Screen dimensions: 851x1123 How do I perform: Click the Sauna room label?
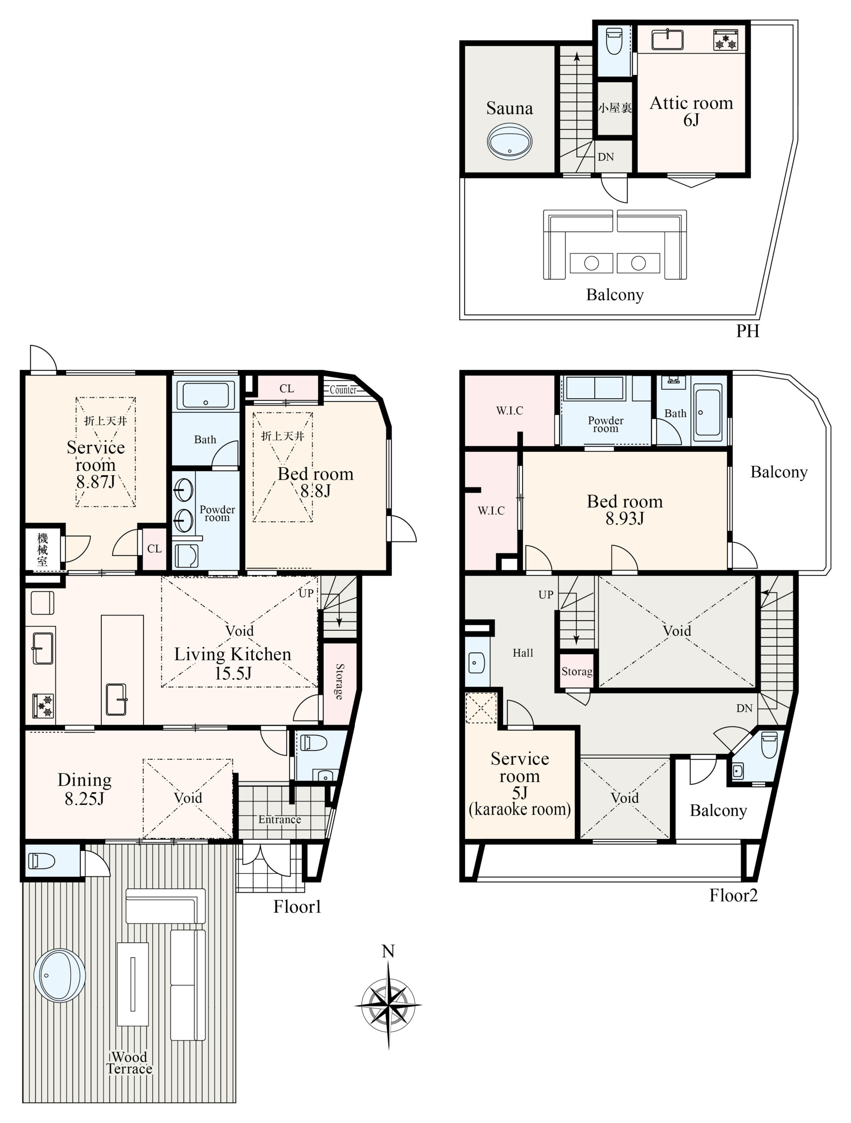tap(509, 108)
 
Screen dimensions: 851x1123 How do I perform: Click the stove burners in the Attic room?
tap(726, 39)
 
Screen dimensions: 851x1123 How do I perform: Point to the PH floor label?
tap(747, 331)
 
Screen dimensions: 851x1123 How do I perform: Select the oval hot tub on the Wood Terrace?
tap(59, 975)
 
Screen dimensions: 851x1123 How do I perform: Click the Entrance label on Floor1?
tap(279, 819)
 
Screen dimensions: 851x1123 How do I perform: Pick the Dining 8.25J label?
tap(84, 790)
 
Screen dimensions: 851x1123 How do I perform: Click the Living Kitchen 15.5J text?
tap(232, 664)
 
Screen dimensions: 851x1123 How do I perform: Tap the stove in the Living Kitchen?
tap(43, 706)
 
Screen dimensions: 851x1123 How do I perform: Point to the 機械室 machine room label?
tap(42, 550)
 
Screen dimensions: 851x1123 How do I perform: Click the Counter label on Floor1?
tap(343, 390)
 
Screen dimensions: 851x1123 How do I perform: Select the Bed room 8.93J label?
tap(625, 510)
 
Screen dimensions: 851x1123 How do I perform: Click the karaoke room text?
tap(519, 809)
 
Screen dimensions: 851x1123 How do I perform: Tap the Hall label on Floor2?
tap(522, 653)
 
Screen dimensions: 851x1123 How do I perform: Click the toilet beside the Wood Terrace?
tap(41, 861)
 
